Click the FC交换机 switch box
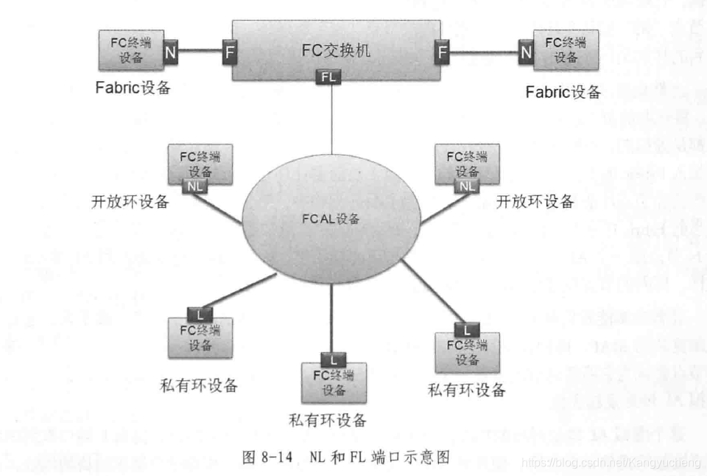point(335,50)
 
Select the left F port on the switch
point(228,52)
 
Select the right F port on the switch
point(443,52)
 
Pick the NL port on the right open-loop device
point(468,186)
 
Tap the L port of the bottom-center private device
point(333,359)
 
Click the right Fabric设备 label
point(563,92)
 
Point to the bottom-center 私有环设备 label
point(328,420)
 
